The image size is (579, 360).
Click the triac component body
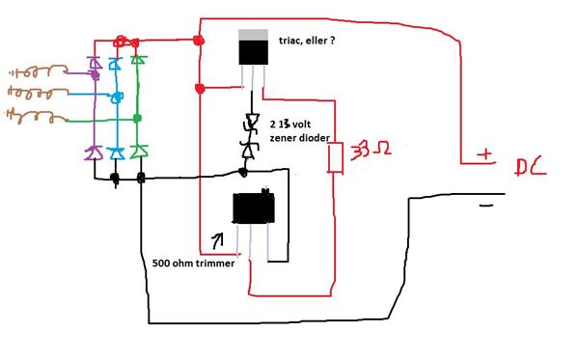(x=253, y=49)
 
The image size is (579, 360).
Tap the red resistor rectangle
(x=335, y=158)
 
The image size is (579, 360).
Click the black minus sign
(x=486, y=205)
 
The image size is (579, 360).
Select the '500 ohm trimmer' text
(x=193, y=263)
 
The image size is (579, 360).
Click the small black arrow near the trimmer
(x=215, y=237)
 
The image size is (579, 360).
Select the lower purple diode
(x=95, y=152)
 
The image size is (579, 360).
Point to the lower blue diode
(x=116, y=152)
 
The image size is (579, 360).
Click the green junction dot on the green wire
(x=138, y=119)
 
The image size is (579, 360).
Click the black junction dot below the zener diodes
(x=243, y=172)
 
